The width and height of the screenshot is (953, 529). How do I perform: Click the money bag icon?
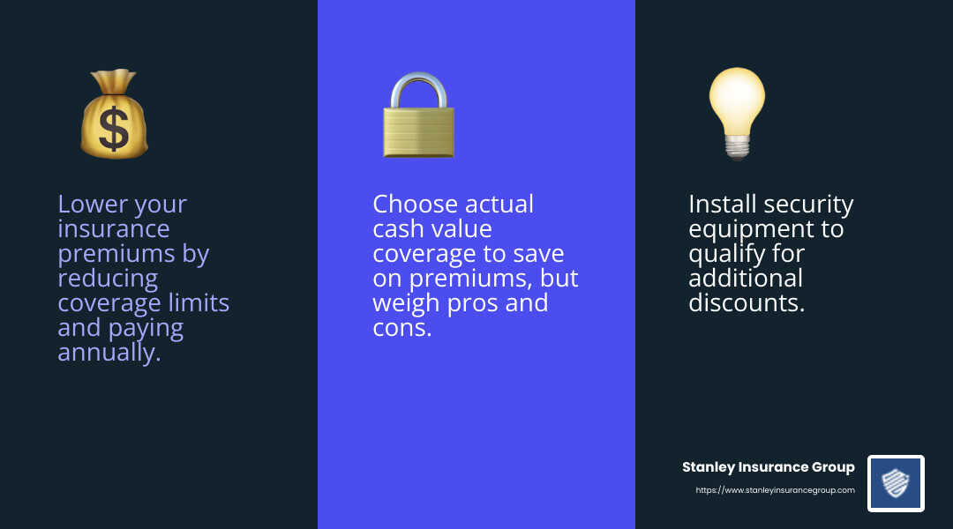114,115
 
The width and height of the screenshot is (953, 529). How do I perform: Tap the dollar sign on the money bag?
114,129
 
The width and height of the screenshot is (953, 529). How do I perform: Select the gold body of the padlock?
418,132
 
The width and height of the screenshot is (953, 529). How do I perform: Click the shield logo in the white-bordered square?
896,483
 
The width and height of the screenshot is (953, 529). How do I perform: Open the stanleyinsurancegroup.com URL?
775,490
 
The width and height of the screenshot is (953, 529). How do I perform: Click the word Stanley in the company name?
709,467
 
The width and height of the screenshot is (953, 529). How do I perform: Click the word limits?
199,303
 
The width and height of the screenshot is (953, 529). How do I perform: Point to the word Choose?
412,205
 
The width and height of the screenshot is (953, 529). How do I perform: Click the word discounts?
747,303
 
